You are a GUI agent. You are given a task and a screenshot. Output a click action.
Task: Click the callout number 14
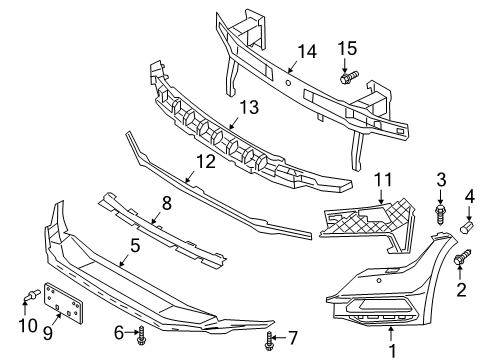point(307,52)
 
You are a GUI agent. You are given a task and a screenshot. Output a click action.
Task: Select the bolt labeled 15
point(349,77)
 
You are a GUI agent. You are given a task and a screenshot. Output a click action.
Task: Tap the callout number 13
point(249,107)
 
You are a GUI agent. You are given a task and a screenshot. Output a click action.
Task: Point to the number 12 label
point(206,162)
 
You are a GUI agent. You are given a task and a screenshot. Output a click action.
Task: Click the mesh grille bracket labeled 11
point(368,225)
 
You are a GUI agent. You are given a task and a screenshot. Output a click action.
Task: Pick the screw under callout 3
point(440,215)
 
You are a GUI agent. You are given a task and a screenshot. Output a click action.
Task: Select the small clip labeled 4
point(467,227)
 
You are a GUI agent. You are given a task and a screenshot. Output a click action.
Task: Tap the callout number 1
point(392,351)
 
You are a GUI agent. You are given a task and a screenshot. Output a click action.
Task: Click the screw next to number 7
point(269,341)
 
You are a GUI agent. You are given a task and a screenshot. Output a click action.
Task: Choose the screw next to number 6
point(141,335)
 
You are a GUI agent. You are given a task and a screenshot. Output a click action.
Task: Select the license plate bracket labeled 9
point(64,303)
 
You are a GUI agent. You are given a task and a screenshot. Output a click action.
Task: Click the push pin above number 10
point(31,295)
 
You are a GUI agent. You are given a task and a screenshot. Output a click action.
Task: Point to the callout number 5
point(135,246)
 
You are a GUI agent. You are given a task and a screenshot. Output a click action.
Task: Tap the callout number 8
point(167,203)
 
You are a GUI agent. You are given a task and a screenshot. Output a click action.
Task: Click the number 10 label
point(28,325)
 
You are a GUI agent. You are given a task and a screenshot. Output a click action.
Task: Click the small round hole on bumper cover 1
point(379,280)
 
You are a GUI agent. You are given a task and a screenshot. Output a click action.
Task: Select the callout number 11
point(383,179)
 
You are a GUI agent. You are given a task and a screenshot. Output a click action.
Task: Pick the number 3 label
point(441,180)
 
